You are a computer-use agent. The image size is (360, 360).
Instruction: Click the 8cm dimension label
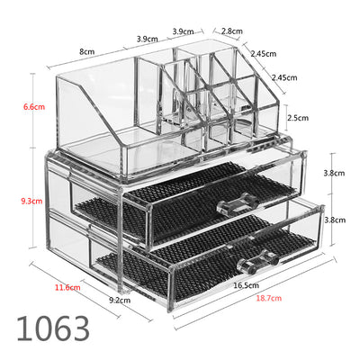click(87, 52)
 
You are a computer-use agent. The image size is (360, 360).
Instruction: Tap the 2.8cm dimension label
click(232, 31)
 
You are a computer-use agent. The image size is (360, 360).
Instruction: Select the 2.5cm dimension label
click(298, 118)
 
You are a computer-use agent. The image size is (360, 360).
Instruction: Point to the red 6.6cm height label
click(34, 107)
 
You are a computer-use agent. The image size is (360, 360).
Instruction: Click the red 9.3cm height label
click(31, 201)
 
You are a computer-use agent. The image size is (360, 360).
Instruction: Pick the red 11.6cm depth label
click(67, 287)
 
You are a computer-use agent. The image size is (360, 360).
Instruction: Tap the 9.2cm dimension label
click(120, 300)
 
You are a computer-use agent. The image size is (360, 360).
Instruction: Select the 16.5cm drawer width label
click(246, 285)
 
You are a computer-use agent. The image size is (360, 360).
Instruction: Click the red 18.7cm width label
click(269, 298)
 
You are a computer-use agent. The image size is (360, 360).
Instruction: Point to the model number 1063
click(53, 328)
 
